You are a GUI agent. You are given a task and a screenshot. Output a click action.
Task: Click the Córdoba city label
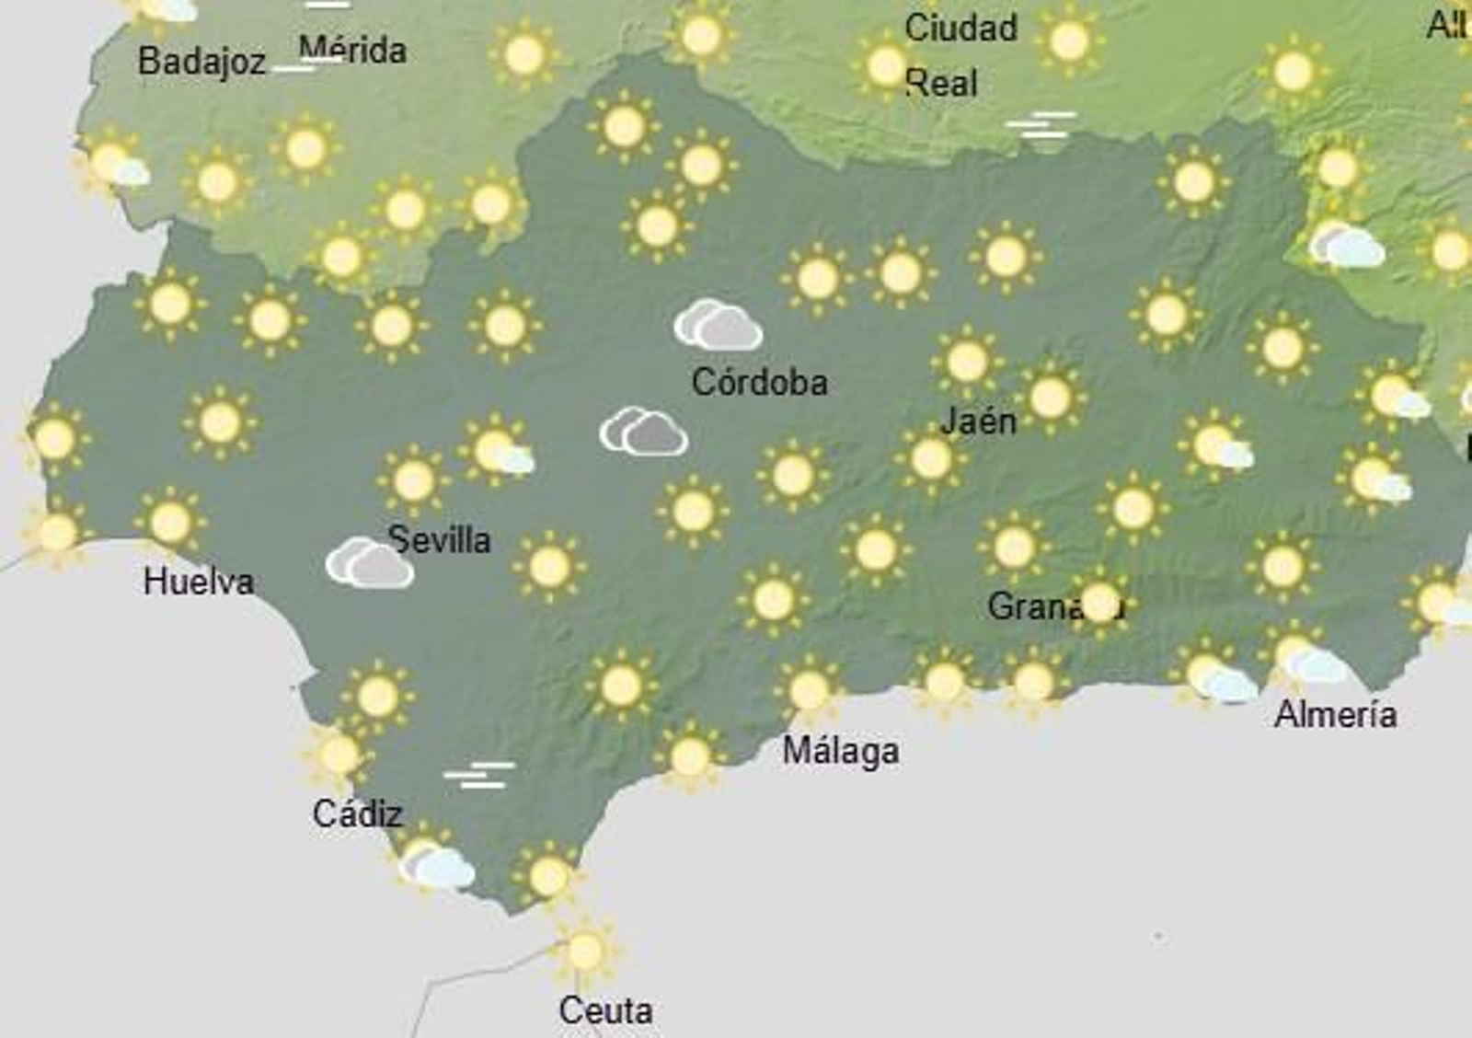(759, 382)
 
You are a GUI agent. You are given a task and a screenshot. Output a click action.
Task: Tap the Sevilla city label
(439, 539)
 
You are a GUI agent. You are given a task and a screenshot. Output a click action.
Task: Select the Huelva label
(199, 582)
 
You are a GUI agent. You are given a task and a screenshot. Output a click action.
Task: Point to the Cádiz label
(357, 813)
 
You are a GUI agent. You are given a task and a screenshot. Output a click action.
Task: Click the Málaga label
(840, 751)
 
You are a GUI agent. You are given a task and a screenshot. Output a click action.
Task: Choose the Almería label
(1335, 714)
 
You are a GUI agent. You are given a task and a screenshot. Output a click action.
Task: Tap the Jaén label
(978, 421)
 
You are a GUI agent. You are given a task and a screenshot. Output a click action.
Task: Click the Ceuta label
(605, 1010)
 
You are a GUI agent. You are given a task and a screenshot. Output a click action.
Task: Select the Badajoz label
(201, 62)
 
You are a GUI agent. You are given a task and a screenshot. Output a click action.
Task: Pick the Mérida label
(352, 50)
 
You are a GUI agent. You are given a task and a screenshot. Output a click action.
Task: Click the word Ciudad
(960, 28)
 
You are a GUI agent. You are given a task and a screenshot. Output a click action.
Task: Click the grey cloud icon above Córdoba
(718, 325)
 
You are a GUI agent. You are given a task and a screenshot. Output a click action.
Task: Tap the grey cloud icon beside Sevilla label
(369, 562)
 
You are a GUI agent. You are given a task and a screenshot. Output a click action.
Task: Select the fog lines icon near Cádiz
(479, 775)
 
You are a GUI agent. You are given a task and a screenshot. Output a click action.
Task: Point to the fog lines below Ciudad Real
(1041, 125)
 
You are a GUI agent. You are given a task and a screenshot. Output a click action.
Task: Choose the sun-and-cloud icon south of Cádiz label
(436, 864)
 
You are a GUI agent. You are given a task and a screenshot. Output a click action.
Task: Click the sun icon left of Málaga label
(690, 757)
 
